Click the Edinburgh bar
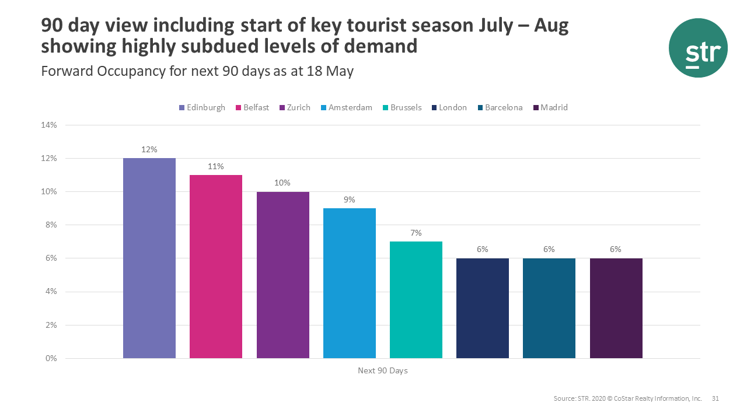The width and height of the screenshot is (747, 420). [149, 258]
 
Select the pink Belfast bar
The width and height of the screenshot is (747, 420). [216, 266]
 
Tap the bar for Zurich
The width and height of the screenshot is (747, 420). [282, 275]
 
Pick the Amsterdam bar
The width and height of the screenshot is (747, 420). [349, 283]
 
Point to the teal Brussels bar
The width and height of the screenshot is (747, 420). [416, 299]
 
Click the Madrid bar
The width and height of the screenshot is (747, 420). [616, 308]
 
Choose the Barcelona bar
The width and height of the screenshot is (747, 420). [549, 308]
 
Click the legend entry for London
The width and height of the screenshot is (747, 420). [449, 107]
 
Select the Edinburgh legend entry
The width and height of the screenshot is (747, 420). [202, 107]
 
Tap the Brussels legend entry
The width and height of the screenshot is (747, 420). [402, 107]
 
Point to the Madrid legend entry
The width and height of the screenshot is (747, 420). [550, 107]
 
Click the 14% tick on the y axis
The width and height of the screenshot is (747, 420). [48, 125]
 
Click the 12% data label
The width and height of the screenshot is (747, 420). [149, 149]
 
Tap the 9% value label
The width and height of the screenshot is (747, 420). [349, 199]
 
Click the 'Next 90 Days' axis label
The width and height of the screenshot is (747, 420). [382, 370]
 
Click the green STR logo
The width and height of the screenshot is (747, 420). [698, 48]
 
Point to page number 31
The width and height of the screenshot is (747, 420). [715, 399]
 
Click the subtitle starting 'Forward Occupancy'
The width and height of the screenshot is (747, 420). [197, 71]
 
